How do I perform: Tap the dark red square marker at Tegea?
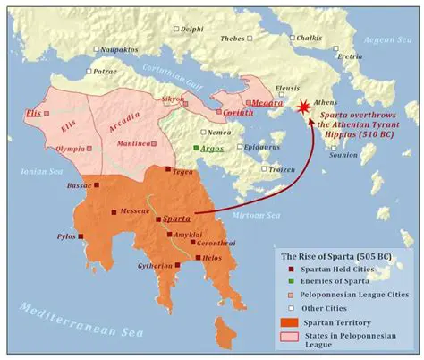(x=168, y=169)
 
